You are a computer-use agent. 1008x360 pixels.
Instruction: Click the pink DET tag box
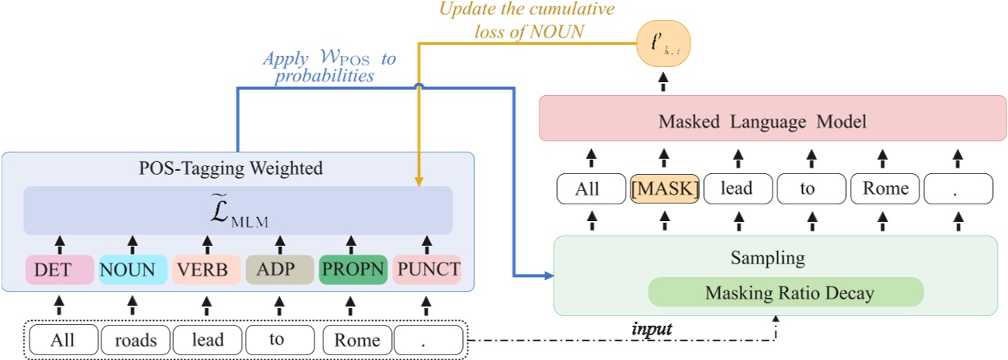[x=57, y=270]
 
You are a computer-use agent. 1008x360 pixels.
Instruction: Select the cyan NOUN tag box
[x=132, y=270]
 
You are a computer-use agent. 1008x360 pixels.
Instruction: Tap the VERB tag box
[x=205, y=270]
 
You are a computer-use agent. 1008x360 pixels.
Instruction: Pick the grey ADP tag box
[x=279, y=270]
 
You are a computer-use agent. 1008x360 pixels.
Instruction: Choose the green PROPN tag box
[x=352, y=270]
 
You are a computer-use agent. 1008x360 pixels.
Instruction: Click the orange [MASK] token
[x=665, y=189]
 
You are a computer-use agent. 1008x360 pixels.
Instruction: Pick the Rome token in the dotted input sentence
[x=357, y=341]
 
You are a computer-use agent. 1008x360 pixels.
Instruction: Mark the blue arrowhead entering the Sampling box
[x=548, y=276]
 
